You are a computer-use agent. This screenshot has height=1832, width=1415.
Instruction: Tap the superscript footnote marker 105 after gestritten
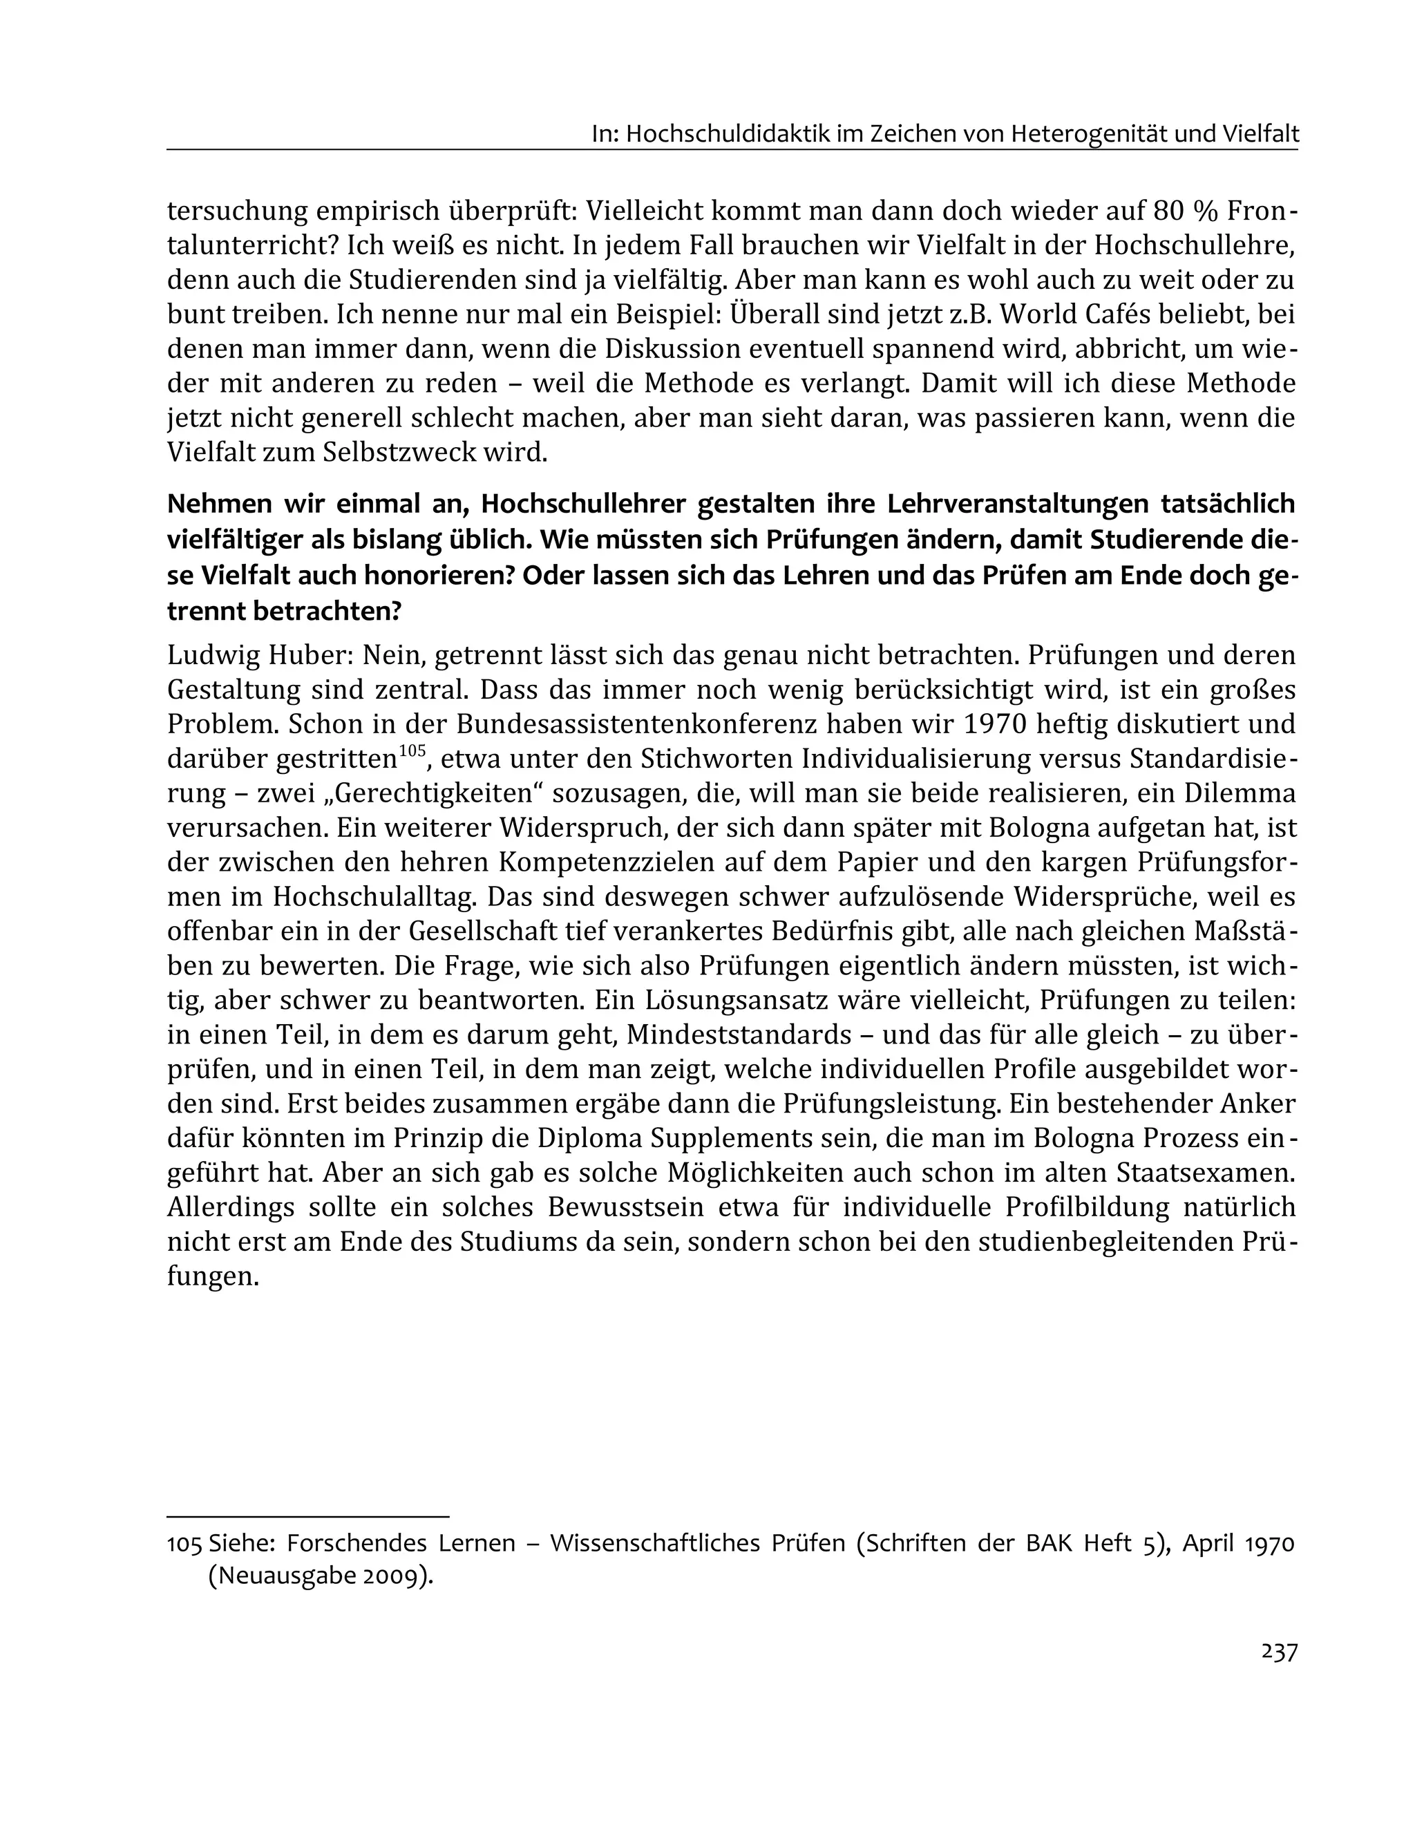(x=412, y=750)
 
